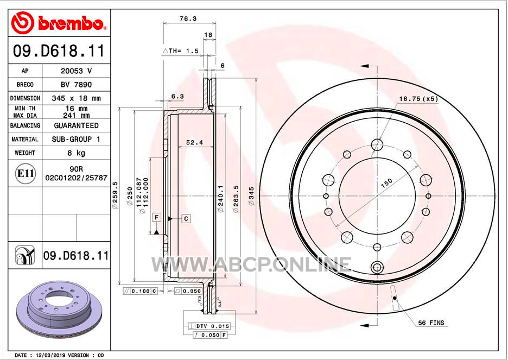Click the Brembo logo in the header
58,23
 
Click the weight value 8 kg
76,153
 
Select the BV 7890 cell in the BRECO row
76,85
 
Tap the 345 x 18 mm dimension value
76,98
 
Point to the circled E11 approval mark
25,173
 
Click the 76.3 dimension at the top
188,19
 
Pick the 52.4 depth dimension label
194,143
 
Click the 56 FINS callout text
431,323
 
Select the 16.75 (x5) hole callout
418,99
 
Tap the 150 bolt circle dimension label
386,183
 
